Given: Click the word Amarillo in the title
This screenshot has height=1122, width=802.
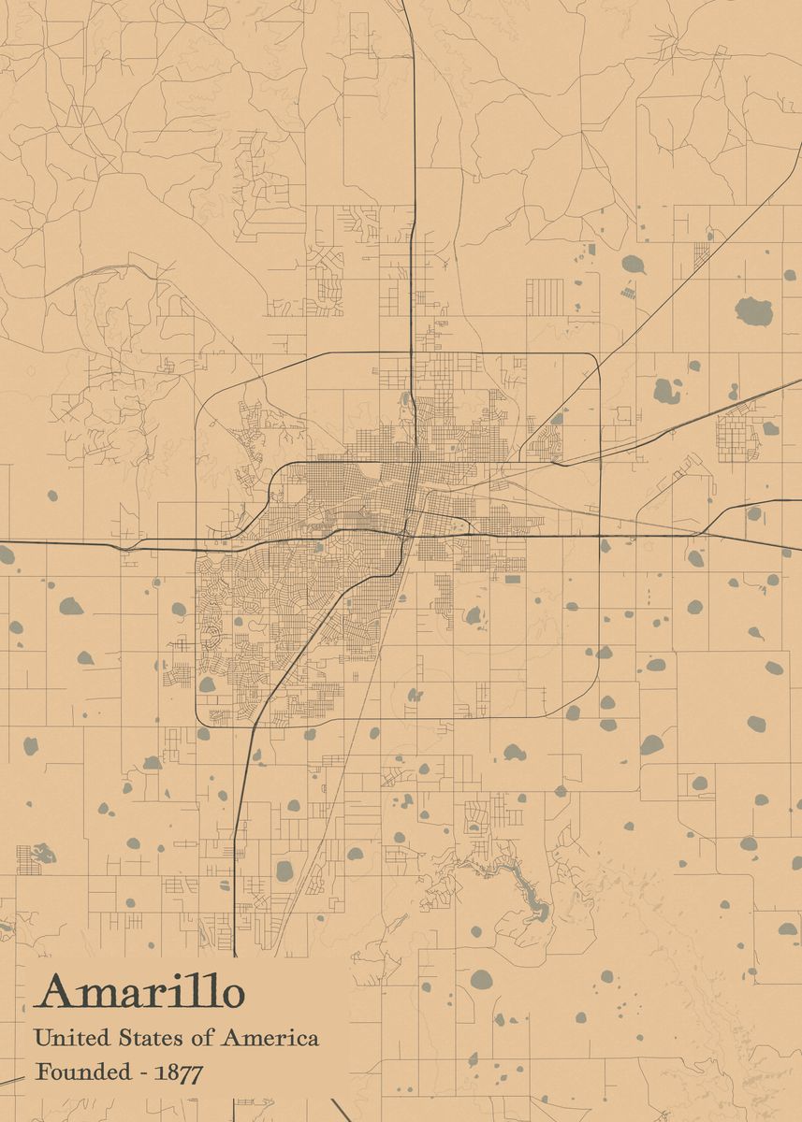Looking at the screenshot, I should pyautogui.click(x=140, y=993).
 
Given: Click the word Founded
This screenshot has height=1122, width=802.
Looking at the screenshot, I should pyautogui.click(x=84, y=1072).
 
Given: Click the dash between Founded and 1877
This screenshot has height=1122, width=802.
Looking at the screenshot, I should pyautogui.click(x=143, y=1073).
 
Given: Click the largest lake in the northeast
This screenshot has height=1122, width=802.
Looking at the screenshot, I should pyautogui.click(x=753, y=311).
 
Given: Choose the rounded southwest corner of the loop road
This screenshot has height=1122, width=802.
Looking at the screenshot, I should pyautogui.click(x=203, y=716).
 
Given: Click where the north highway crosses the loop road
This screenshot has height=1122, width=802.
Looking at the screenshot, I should pyautogui.click(x=413, y=353).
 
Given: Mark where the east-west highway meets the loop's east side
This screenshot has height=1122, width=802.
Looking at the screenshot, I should pyautogui.click(x=599, y=536).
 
